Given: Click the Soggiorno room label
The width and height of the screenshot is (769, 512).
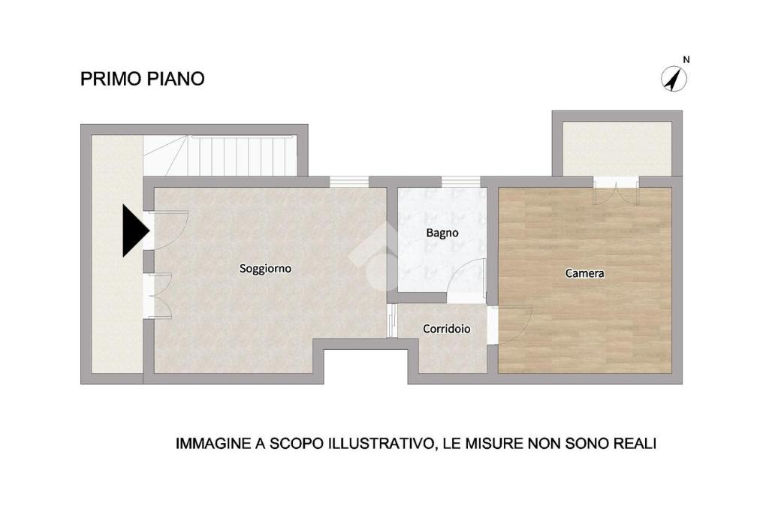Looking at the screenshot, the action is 265,269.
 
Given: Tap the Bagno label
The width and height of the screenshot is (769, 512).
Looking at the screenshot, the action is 442,233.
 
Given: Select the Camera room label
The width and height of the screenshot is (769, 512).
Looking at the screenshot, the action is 584,273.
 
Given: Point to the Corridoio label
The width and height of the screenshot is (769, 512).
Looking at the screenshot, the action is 447,329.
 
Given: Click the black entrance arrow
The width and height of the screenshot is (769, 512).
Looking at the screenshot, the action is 136,230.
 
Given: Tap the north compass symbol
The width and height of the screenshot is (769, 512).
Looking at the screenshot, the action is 674,79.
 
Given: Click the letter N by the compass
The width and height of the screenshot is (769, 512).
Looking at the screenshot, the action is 686,60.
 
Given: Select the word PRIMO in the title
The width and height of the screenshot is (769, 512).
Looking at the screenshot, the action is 110,79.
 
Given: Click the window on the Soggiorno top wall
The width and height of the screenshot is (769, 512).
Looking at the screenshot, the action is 348,182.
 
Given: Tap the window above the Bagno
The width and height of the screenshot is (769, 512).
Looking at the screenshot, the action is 461,182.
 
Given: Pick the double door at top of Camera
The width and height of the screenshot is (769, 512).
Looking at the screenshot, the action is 617,191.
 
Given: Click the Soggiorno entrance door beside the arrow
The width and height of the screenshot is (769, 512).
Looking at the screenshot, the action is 167,230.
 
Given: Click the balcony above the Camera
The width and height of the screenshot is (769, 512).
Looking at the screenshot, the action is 617,148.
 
